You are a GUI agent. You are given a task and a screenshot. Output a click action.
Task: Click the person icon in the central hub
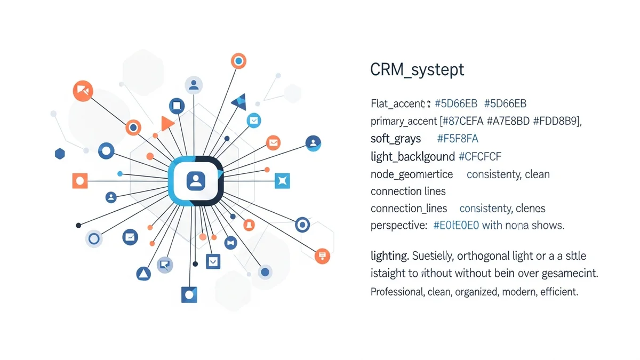(x=196, y=181)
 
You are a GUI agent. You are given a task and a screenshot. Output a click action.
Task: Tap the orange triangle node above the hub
(x=167, y=124)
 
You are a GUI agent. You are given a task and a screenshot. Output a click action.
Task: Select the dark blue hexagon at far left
(x=60, y=154)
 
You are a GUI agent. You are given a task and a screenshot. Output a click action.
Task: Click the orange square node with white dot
(x=80, y=181)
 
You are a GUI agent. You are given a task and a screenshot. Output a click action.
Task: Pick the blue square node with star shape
(x=282, y=181)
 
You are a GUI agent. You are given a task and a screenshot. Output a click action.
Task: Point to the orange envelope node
(x=274, y=142)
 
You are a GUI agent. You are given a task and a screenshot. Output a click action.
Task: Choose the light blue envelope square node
(x=254, y=121)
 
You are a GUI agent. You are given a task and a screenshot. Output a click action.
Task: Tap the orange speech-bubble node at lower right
(x=322, y=256)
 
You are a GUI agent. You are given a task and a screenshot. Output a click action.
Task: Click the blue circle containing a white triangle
(x=143, y=274)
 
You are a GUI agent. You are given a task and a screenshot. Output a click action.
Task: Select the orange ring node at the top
(x=238, y=61)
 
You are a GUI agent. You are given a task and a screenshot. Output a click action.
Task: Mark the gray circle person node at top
(x=194, y=85)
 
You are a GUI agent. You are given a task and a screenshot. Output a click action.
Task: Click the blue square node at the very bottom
(x=189, y=294)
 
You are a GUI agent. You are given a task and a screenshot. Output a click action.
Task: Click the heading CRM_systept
(x=417, y=70)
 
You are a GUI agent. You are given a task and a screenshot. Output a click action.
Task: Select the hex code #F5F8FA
(x=458, y=139)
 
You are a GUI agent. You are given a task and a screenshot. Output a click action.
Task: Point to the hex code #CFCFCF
(x=479, y=156)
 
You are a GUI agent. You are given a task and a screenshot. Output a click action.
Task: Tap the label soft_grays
(x=395, y=139)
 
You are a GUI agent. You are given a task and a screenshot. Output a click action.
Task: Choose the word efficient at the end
(x=559, y=292)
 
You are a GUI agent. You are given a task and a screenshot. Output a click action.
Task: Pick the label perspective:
(x=398, y=225)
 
